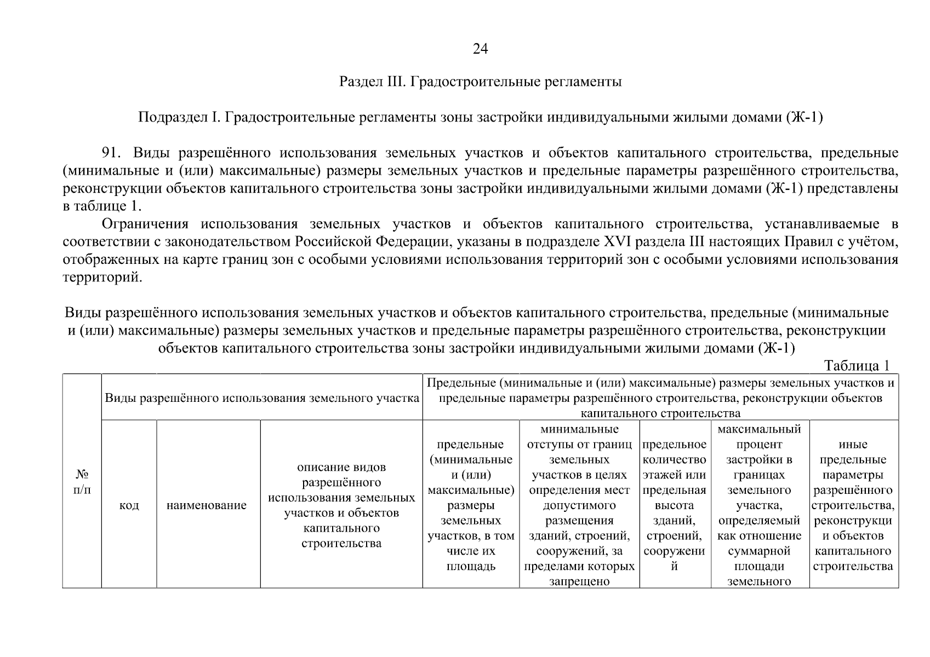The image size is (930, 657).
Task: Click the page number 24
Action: [x=480, y=49]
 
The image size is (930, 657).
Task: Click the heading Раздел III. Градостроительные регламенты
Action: [x=480, y=83]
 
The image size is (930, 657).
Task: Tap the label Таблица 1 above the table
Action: [x=857, y=366]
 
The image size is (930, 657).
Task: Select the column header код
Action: [x=129, y=505]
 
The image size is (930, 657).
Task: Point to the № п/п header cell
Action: [x=82, y=481]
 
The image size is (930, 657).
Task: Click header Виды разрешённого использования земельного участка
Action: [x=262, y=398]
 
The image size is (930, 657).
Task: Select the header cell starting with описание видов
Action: [x=341, y=505]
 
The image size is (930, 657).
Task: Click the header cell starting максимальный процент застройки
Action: [x=759, y=505]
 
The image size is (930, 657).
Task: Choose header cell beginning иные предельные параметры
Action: [x=853, y=505]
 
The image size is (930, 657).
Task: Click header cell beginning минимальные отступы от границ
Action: [x=579, y=505]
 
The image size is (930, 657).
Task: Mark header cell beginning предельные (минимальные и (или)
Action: [x=470, y=505]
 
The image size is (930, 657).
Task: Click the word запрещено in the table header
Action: [x=579, y=581]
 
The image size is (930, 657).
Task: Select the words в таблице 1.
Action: [x=102, y=207]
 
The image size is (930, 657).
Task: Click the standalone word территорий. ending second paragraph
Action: [x=102, y=278]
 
